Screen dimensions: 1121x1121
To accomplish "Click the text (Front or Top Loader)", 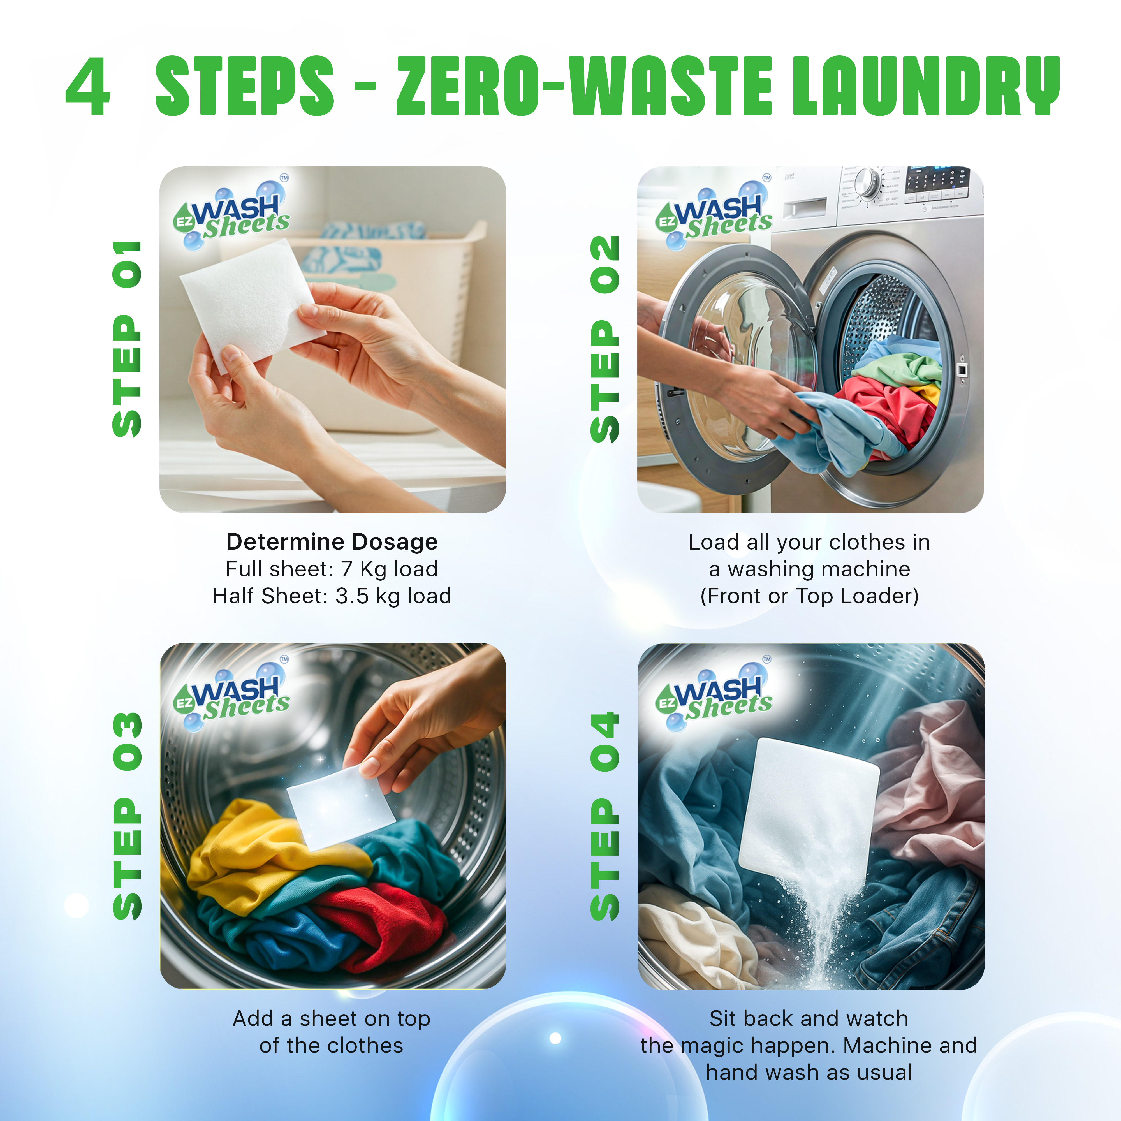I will point(809,596).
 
